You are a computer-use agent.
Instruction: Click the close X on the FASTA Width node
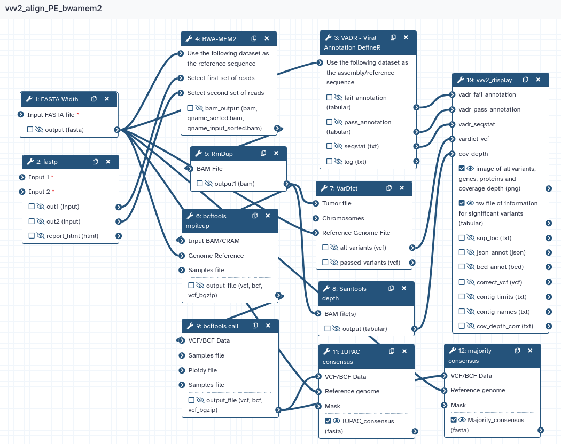click(107, 99)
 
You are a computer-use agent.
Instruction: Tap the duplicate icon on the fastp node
click(95, 162)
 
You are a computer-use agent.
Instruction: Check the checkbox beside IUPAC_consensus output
click(328, 421)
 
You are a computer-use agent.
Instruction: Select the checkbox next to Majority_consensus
click(454, 419)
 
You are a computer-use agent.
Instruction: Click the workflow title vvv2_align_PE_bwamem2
click(53, 8)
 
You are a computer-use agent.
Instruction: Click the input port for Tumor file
click(316, 203)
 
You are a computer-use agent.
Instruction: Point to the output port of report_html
click(119, 236)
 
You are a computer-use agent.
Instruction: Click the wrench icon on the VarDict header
click(324, 188)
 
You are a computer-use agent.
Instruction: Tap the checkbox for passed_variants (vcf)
click(325, 263)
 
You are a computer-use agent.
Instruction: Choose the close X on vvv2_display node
click(538, 80)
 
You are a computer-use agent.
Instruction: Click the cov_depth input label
click(473, 154)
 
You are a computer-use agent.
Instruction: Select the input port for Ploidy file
click(182, 370)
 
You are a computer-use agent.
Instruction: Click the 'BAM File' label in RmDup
click(209, 169)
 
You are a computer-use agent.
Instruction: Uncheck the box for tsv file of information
click(462, 203)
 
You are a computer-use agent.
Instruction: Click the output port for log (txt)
click(416, 161)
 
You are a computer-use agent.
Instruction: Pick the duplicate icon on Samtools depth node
click(391, 288)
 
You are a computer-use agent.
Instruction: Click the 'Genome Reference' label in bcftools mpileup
click(216, 256)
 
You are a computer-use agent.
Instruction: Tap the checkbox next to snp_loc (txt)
click(462, 237)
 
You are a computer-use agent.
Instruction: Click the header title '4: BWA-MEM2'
click(216, 39)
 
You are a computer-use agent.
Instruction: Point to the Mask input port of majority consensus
click(445, 405)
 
